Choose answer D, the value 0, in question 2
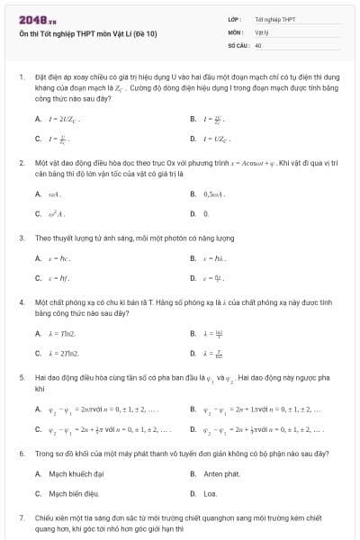(206, 214)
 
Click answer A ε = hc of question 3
(59, 259)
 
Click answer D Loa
(210, 493)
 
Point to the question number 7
(21, 518)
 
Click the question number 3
(21, 238)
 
